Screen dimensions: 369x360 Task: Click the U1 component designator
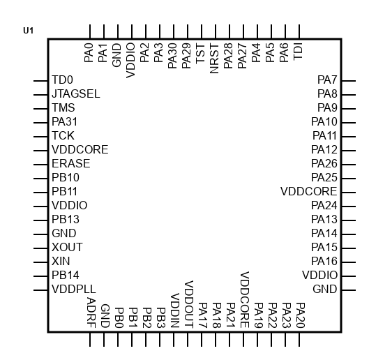click(28, 31)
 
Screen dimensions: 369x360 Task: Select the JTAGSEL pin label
click(76, 93)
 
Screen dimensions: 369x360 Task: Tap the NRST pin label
click(214, 59)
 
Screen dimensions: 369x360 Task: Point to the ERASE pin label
click(71, 164)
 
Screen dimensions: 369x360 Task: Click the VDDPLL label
click(74, 289)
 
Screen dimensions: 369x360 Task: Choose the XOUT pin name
click(67, 247)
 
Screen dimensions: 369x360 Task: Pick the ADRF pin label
click(91, 313)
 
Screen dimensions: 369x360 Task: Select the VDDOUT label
click(189, 304)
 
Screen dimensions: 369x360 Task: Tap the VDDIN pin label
click(175, 310)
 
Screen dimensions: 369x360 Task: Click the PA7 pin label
click(327, 80)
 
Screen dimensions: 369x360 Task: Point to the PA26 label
click(324, 164)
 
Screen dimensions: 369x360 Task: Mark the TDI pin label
click(298, 52)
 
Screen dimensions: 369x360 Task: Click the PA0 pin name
click(89, 53)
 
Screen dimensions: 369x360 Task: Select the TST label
click(200, 54)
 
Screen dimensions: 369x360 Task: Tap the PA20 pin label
click(301, 315)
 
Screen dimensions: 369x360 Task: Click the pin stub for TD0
click(40, 81)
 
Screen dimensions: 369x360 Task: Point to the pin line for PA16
click(349, 262)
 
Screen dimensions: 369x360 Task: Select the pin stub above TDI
click(299, 31)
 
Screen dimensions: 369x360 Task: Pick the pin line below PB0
click(118, 339)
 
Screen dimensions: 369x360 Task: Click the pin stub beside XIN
click(40, 262)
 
